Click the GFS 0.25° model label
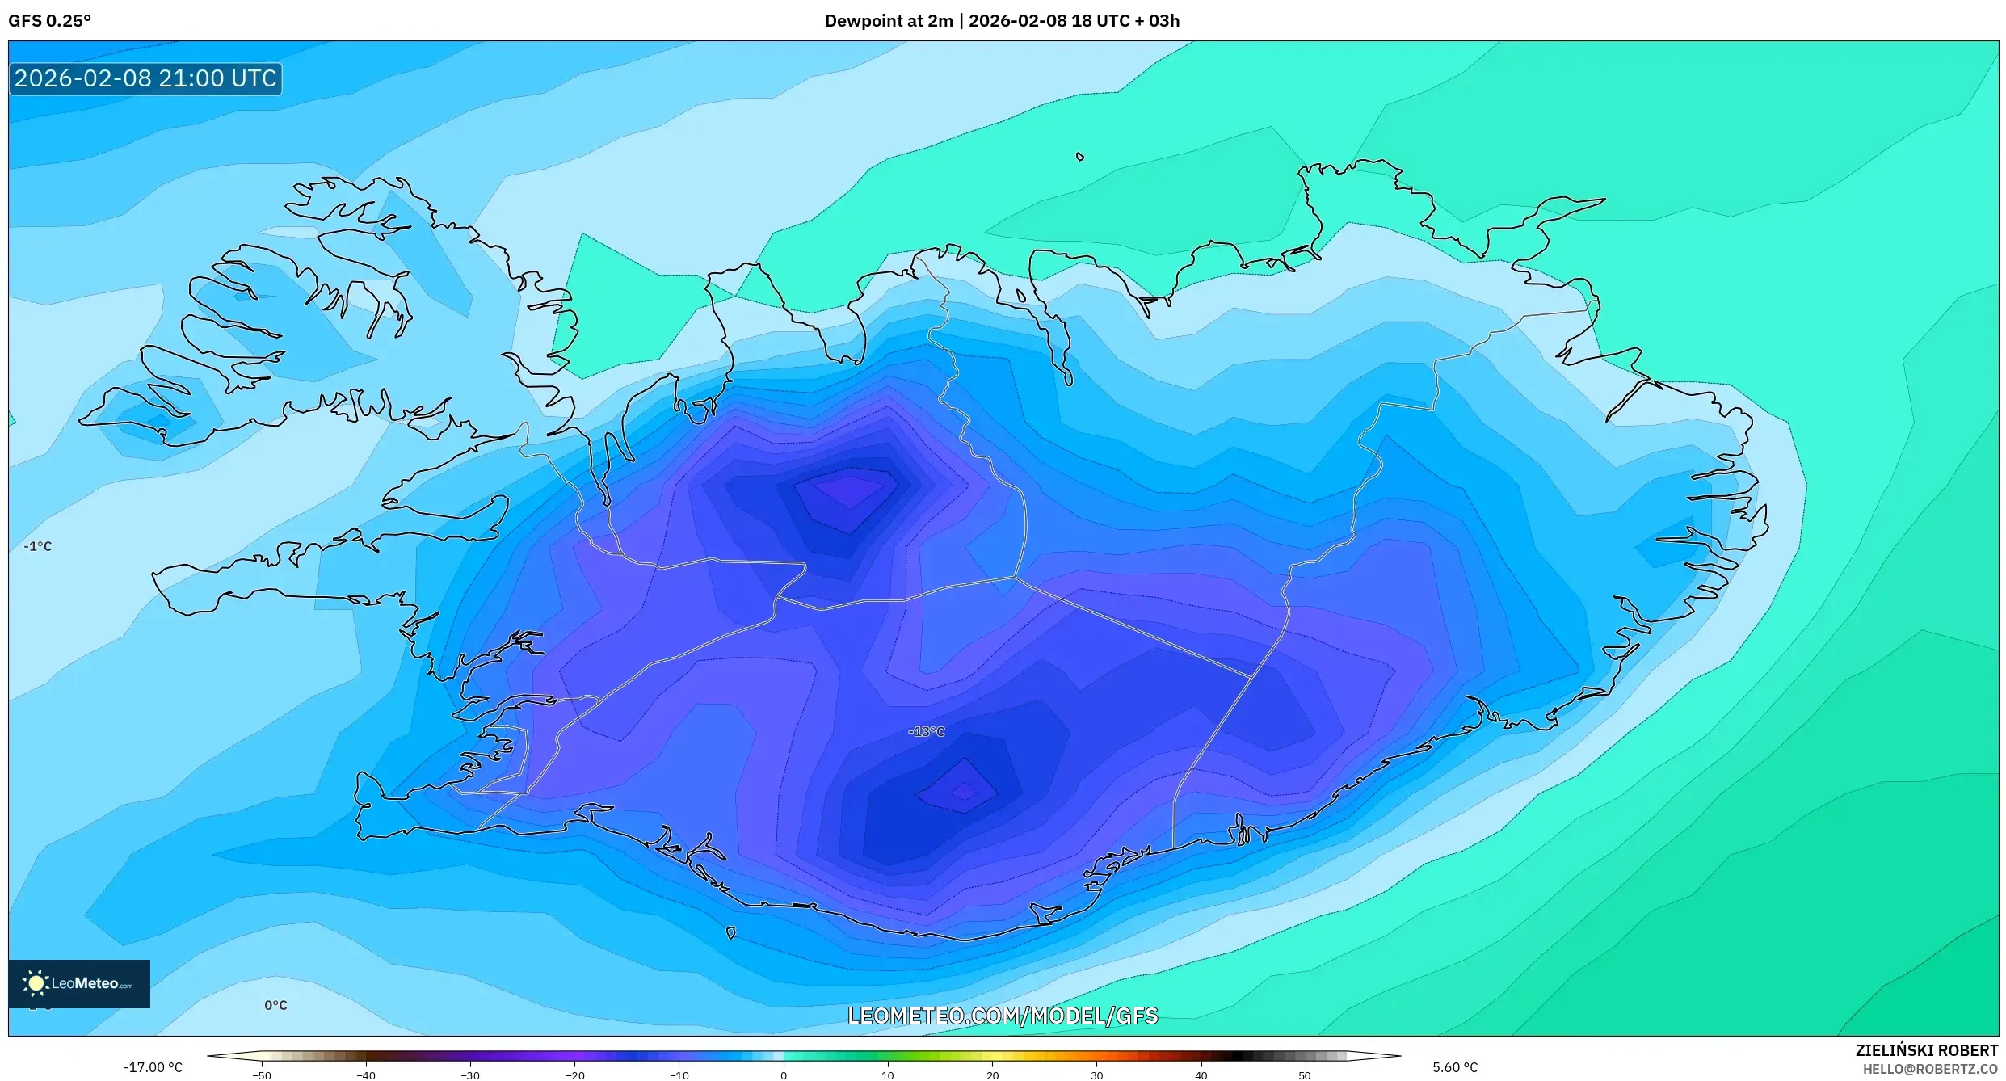pos(49,21)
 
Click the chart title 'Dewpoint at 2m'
pos(889,21)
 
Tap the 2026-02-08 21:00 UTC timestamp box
pos(145,78)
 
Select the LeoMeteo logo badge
pos(79,983)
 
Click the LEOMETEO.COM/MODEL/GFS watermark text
pos(1002,1016)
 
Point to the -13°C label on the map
pos(926,731)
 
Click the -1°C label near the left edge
pos(38,546)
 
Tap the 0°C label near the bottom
pos(275,1005)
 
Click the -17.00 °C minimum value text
pos(153,1067)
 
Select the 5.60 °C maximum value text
pos(1455,1067)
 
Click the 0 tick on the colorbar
pos(783,1075)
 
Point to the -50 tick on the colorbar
pos(262,1075)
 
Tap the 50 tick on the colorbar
pos(1305,1075)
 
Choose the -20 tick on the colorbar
pos(574,1075)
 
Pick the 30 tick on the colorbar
pos(1096,1075)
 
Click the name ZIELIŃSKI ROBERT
pos(1926,1050)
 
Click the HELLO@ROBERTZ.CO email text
pos(1929,1069)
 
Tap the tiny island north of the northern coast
pos(1080,157)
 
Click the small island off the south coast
pos(730,933)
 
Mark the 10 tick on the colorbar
pos(887,1075)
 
